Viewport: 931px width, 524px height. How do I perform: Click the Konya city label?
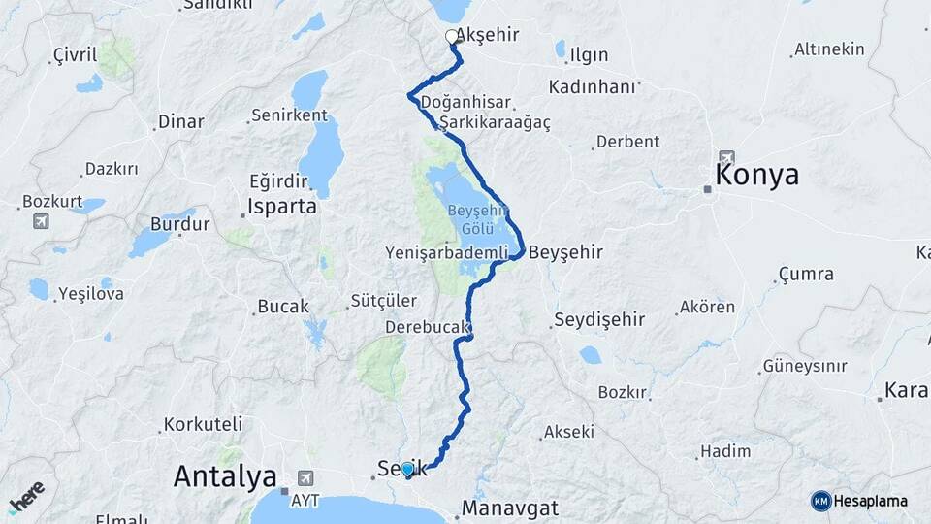click(756, 176)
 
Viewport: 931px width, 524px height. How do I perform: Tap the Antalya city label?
click(224, 476)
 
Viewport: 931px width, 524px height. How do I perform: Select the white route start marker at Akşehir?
click(451, 37)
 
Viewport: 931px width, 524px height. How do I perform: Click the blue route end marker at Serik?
click(408, 470)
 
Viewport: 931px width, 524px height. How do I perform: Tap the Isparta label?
click(282, 207)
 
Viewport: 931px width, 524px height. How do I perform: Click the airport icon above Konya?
click(727, 157)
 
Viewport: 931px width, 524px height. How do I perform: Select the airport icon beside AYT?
click(306, 477)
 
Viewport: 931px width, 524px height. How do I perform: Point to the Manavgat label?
click(510, 508)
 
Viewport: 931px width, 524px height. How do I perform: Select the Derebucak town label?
click(427, 327)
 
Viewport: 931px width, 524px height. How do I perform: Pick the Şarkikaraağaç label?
click(495, 123)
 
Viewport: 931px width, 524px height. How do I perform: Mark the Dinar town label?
click(181, 122)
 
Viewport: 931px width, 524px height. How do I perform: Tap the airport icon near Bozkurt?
click(41, 221)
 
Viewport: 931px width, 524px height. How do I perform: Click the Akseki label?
click(569, 431)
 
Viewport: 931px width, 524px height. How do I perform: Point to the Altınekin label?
click(829, 49)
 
